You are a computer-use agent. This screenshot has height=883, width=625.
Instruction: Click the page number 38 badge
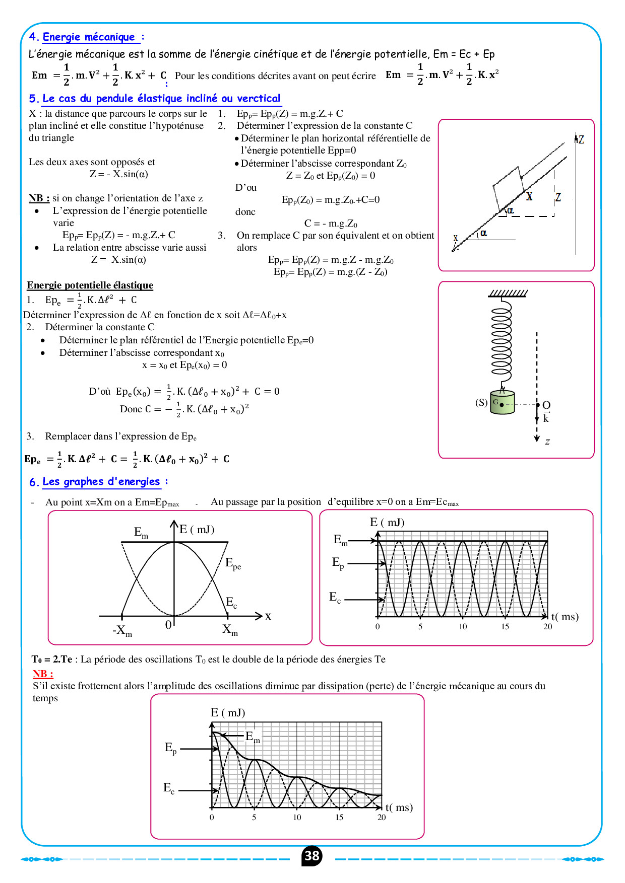[312, 856]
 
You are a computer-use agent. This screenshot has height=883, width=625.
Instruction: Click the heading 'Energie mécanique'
[89, 37]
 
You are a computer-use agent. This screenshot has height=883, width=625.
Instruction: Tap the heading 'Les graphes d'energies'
[101, 482]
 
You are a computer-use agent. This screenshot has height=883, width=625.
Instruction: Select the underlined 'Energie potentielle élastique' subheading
[90, 285]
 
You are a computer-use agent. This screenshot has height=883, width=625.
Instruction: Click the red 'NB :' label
[43, 674]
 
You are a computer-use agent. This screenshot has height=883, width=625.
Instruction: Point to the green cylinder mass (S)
[503, 403]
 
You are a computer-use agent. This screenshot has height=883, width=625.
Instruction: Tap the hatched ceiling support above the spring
[508, 293]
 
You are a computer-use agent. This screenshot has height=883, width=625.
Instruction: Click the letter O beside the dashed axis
[546, 405]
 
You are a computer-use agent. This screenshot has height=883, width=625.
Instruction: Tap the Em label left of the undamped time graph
[341, 540]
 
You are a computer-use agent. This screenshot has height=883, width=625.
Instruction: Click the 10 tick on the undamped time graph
[463, 627]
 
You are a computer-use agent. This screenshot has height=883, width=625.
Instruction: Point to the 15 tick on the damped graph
[339, 818]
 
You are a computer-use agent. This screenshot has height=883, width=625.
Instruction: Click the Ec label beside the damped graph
[169, 788]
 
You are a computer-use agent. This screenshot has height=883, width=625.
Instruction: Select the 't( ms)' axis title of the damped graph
[399, 807]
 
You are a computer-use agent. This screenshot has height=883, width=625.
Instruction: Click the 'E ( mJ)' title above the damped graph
[228, 712]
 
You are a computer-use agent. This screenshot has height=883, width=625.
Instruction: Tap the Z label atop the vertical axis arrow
[581, 139]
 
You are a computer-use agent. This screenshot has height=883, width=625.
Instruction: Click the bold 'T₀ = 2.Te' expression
[52, 659]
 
